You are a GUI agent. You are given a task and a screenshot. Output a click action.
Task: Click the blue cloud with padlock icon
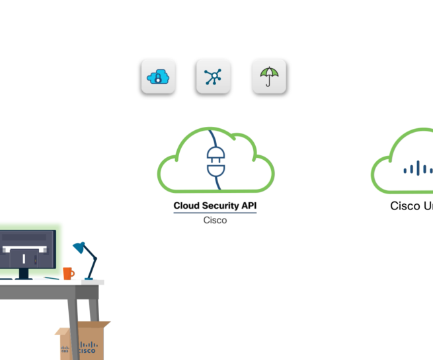157,77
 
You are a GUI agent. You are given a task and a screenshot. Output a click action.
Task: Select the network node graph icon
213,77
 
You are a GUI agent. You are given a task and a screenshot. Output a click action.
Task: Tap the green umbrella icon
268,77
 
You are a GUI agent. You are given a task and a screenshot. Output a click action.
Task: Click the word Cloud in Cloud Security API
186,206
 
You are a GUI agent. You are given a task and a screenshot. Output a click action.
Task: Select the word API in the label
249,206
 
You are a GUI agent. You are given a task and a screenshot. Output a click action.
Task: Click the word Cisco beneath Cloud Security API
215,220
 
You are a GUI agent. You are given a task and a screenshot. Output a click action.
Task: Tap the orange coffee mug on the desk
67,273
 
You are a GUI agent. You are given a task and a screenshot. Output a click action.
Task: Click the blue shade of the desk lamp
80,248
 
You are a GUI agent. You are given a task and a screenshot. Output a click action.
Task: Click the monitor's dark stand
24,273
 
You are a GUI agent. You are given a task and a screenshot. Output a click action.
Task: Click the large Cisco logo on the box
88,347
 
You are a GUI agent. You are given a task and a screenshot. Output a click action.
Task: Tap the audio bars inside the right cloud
417,169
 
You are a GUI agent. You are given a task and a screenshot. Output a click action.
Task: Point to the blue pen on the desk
50,278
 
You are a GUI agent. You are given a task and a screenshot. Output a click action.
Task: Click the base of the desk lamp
88,281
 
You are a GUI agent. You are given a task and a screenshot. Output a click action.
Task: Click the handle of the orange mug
73,272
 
